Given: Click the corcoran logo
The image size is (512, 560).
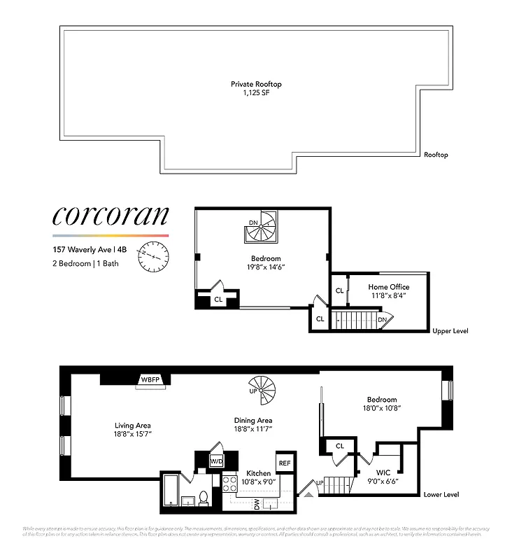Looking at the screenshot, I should (x=111, y=217).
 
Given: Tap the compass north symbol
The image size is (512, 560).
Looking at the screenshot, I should (x=153, y=257).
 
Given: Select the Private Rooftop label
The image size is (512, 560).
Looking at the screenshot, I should (x=256, y=84).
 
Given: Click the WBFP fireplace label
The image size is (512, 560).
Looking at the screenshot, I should (x=150, y=379).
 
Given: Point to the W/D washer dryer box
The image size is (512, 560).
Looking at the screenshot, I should (x=216, y=461).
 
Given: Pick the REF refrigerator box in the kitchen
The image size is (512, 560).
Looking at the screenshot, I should (x=284, y=463).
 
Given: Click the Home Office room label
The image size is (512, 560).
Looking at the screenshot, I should (x=389, y=287).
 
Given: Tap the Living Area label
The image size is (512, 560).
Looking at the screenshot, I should (x=133, y=425).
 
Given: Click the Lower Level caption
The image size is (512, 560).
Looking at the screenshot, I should (x=441, y=494).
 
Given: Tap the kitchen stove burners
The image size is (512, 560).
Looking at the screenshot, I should (x=229, y=482).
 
